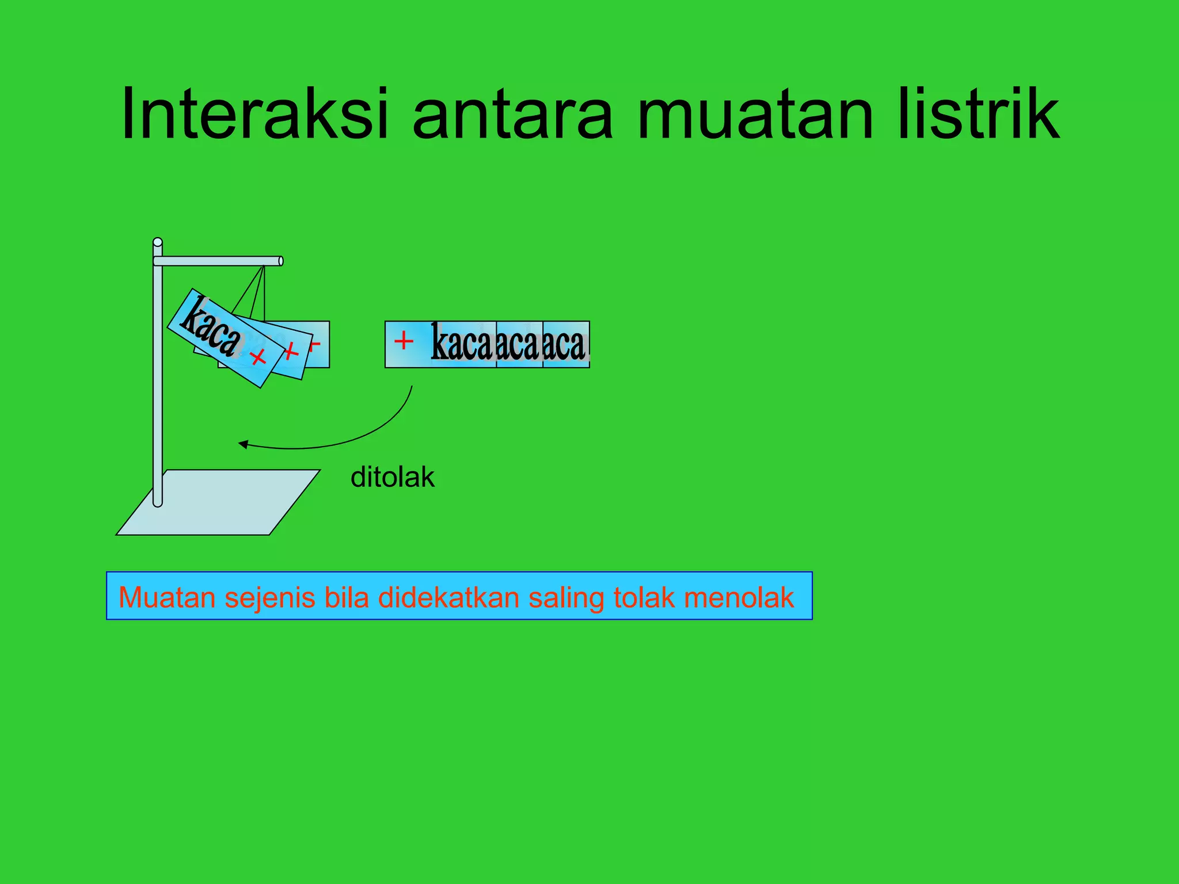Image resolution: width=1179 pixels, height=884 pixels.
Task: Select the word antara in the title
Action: click(x=512, y=113)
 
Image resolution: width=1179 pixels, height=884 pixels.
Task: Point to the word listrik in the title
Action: click(x=979, y=113)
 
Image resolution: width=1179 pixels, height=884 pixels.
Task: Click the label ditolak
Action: click(x=392, y=477)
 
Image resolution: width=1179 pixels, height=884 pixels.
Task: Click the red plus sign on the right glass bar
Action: click(x=404, y=340)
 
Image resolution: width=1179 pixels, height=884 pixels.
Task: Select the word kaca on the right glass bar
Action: click(x=462, y=344)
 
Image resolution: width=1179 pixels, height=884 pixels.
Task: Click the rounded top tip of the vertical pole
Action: click(x=158, y=242)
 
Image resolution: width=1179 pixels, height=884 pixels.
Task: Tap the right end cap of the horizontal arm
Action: click(x=280, y=261)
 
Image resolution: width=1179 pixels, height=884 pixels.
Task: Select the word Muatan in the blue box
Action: click(x=167, y=597)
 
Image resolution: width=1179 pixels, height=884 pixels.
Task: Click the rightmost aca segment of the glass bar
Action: click(x=565, y=344)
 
